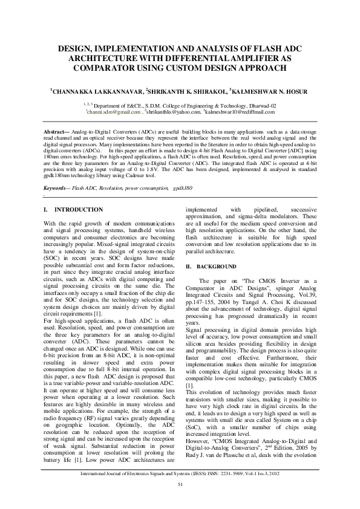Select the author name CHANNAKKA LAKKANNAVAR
click(97, 92)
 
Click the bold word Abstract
click(57, 131)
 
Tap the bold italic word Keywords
click(58, 189)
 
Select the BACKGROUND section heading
click(215, 267)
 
